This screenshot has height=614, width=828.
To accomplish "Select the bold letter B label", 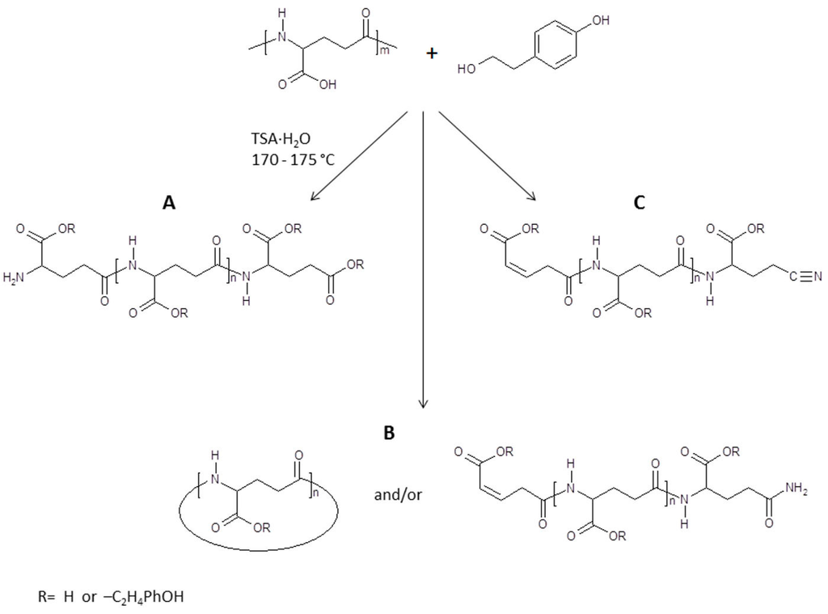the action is coord(388,434).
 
